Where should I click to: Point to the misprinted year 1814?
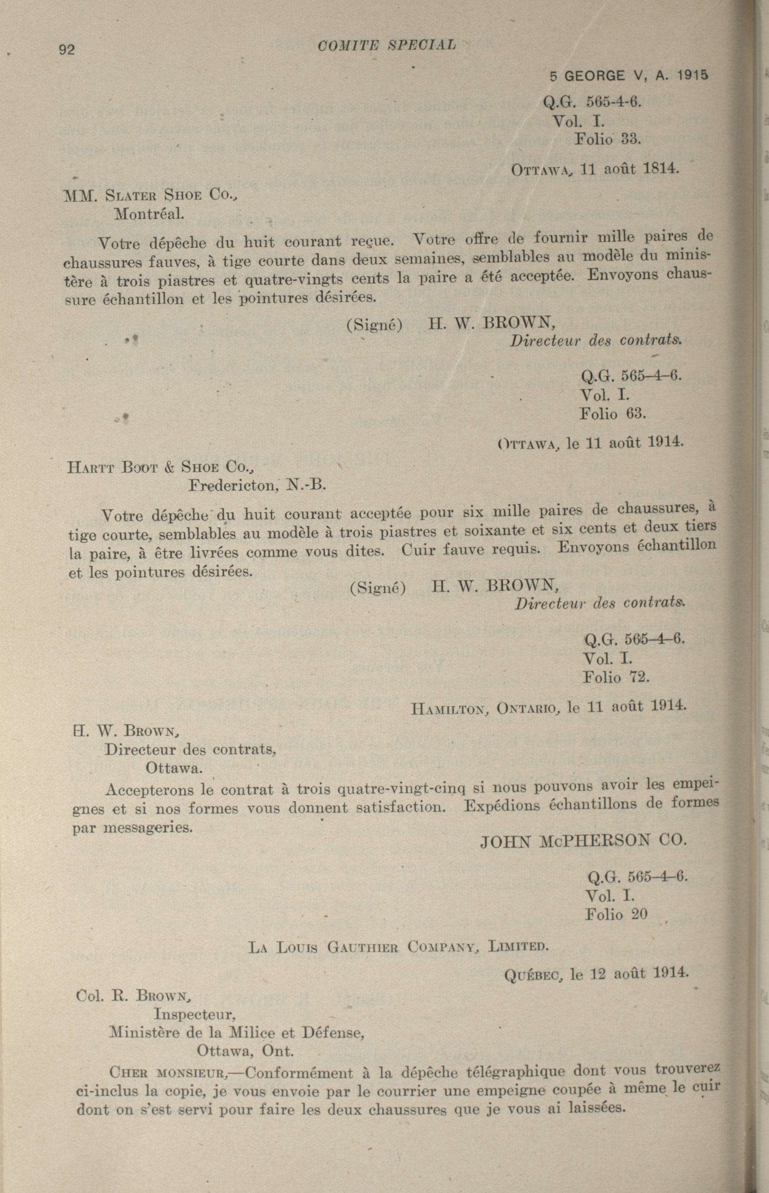pyautogui.click(x=660, y=169)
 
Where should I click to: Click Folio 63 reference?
pyautogui.click(x=613, y=414)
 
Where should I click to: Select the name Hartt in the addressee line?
pyautogui.click(x=90, y=468)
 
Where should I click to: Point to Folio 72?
pyautogui.click(x=616, y=678)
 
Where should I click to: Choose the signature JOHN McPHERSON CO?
pyautogui.click(x=583, y=841)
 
